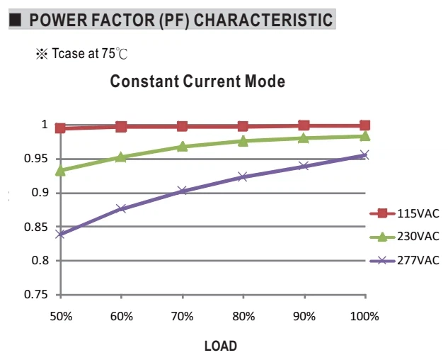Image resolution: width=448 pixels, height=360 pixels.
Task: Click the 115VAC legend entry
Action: coord(404,213)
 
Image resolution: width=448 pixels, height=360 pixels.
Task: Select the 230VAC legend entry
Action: coord(404,237)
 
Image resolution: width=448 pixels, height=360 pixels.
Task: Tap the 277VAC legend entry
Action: coord(404,261)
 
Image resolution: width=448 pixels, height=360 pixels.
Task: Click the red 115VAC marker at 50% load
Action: coord(60,128)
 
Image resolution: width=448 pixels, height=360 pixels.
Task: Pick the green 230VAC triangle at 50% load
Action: coord(60,171)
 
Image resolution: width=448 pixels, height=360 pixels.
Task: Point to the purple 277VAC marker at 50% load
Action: coord(60,235)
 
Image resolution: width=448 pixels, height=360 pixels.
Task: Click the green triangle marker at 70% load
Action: coord(182,147)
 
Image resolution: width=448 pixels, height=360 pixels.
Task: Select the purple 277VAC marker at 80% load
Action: coord(243,177)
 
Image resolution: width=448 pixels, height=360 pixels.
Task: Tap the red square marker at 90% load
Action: coord(304,125)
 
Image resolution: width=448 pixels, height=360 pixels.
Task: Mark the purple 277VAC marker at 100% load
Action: coord(365,155)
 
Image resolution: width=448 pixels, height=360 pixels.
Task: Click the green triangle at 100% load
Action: coord(365,136)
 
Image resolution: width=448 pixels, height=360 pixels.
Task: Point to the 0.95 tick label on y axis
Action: coord(35,158)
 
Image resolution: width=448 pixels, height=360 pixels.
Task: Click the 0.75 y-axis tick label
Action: coord(35,295)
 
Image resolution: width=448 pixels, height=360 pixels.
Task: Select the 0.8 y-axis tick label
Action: coord(40,260)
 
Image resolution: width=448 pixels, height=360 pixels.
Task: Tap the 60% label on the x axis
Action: coord(122,317)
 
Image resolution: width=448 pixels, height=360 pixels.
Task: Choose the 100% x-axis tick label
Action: coord(364,317)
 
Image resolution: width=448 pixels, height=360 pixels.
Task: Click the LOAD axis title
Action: coord(221,346)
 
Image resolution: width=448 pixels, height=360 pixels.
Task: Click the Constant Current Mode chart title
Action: coord(197,81)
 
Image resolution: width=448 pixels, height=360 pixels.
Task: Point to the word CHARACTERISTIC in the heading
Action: coord(263,20)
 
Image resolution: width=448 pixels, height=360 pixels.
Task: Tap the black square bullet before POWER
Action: coord(15,20)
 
